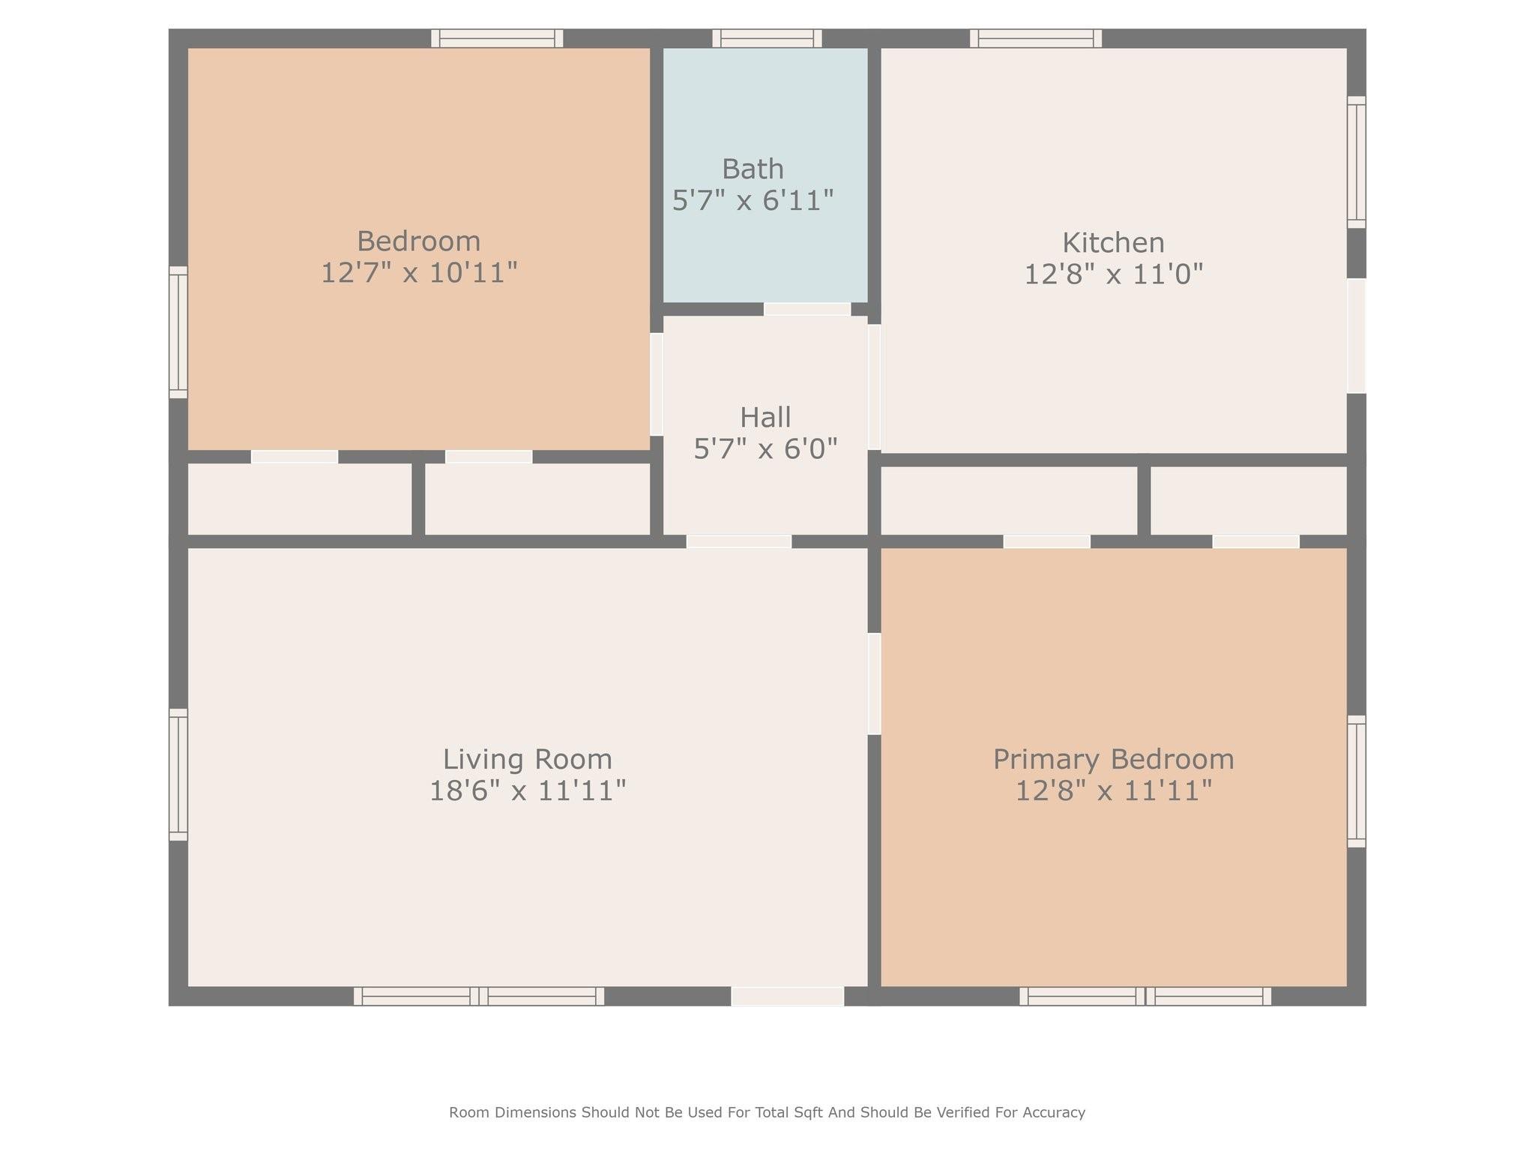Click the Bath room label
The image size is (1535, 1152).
[x=753, y=169]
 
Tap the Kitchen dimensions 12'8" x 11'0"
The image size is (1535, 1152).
[x=1114, y=274]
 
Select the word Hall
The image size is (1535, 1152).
[x=765, y=418]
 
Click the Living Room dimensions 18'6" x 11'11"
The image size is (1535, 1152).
[x=527, y=790]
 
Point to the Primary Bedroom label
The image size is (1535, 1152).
[x=1114, y=759]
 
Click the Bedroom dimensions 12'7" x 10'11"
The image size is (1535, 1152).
[x=419, y=273]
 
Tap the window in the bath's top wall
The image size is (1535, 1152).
[x=767, y=38]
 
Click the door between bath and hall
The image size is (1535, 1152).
[x=807, y=309]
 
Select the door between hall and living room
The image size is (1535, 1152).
[x=739, y=541]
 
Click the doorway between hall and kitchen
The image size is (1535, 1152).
[x=874, y=387]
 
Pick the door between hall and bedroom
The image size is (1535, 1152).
[x=657, y=384]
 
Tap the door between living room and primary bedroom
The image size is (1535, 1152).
[x=874, y=684]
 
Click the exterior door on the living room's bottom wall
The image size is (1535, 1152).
[x=788, y=996]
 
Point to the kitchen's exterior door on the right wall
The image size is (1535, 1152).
[x=1357, y=336]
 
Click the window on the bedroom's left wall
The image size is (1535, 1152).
[x=178, y=332]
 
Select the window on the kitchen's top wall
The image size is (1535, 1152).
[x=1036, y=38]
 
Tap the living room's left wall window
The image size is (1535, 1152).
[x=178, y=775]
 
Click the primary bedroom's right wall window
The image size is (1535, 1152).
[x=1357, y=781]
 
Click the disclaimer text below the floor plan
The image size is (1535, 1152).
[x=767, y=1112]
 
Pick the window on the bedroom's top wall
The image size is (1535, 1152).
[x=497, y=38]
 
